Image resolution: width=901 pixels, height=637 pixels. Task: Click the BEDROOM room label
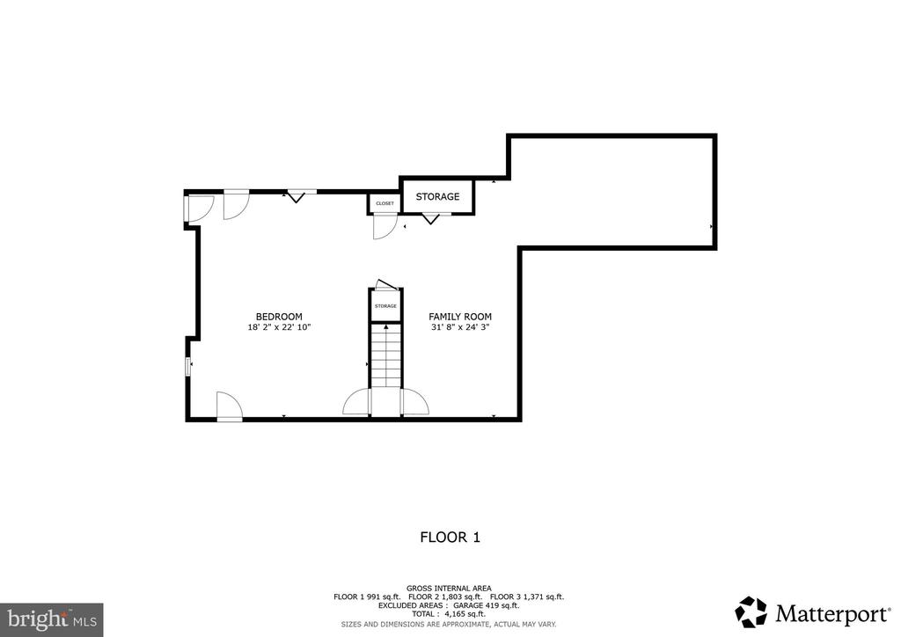click(279, 317)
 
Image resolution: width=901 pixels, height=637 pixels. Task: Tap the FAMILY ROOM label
click(460, 317)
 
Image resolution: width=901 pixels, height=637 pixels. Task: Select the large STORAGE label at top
click(438, 196)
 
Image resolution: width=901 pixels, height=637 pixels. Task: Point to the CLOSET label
click(385, 203)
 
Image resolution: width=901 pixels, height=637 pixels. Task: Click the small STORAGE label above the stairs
click(385, 306)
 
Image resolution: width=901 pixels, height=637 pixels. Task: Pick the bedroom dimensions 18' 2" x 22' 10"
click(279, 327)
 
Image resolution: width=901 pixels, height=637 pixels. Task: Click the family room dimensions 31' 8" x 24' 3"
click(460, 327)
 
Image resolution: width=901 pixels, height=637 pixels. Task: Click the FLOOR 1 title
click(450, 538)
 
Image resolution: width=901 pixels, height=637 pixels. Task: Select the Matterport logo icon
click(751, 611)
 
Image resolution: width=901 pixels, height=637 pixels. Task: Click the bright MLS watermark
click(52, 619)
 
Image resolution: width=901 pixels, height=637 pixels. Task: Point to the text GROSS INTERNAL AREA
click(449, 589)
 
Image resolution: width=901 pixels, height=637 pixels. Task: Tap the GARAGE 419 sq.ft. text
click(486, 605)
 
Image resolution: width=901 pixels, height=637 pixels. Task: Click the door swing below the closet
click(385, 226)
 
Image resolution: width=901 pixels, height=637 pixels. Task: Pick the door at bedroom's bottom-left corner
click(230, 406)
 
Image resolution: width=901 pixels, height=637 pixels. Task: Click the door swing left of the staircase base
click(356, 401)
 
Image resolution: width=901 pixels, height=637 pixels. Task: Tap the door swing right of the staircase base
click(415, 401)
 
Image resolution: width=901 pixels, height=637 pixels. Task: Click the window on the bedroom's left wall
click(187, 367)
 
